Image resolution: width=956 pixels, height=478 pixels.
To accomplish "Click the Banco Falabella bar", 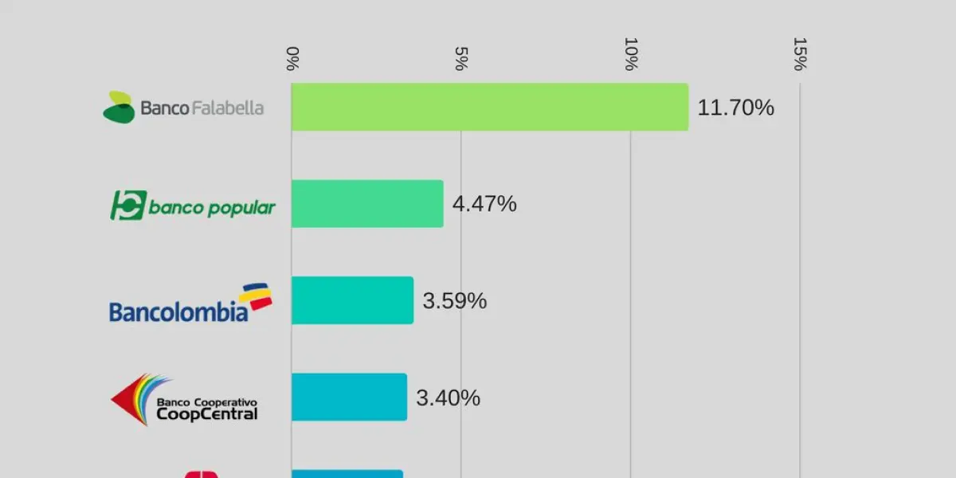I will [489, 107].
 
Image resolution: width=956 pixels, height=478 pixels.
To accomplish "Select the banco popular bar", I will [367, 204].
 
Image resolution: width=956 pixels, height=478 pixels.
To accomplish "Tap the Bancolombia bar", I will [352, 300].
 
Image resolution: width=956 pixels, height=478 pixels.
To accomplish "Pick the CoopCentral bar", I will [349, 397].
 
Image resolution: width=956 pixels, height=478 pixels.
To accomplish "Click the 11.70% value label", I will [735, 108].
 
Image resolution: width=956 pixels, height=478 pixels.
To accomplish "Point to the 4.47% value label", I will [484, 205].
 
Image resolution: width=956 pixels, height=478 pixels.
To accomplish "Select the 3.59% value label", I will [454, 301].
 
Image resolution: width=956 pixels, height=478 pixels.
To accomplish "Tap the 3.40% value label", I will [448, 398].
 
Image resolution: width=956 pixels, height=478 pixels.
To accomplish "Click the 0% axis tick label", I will [292, 58].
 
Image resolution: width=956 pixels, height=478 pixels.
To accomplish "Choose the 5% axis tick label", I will [460, 58].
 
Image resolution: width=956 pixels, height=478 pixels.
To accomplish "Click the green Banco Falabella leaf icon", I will [119, 108].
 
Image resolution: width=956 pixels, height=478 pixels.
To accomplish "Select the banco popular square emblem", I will [127, 206].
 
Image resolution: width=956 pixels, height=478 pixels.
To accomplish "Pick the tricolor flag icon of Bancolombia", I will [256, 298].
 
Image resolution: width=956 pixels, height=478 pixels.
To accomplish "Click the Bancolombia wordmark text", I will [178, 312].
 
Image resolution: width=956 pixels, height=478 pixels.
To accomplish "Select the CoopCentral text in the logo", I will [207, 414].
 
